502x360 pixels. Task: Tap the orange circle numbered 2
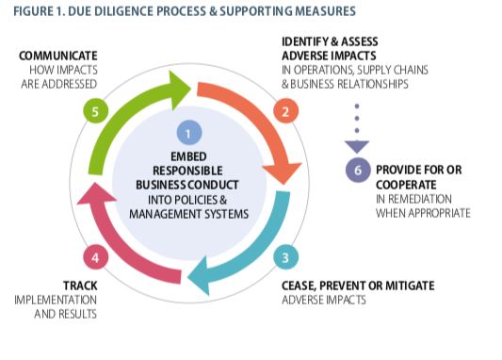283,112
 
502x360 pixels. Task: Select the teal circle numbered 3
283,257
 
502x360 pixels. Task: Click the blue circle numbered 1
188,134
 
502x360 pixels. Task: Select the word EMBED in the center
188,157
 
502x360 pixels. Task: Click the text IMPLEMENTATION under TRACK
55,299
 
